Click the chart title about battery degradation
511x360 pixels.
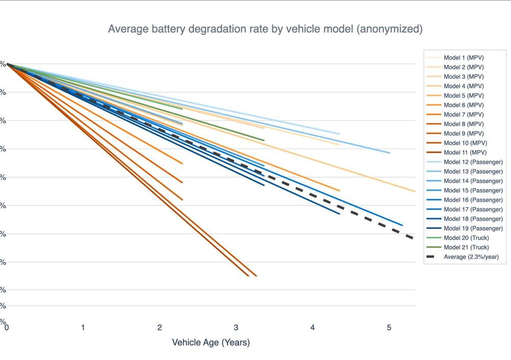pos(265,29)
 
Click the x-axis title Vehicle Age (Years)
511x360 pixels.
pos(211,342)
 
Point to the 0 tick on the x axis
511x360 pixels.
pos(7,327)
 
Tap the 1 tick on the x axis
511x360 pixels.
pos(83,327)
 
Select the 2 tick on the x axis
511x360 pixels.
pos(159,327)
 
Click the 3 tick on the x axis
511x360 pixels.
pos(236,327)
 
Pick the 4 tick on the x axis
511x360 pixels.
pos(313,327)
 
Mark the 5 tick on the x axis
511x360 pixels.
pos(389,327)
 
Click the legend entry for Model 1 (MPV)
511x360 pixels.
pos(463,58)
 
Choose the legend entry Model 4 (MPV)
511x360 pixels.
pos(463,86)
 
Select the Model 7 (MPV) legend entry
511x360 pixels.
pos(463,114)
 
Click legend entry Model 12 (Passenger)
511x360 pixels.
pos(473,162)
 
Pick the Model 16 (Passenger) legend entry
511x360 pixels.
pos(473,200)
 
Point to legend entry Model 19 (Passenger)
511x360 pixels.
pos(473,228)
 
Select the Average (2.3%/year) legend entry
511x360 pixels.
pos(471,257)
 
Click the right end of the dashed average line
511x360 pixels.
pos(412,238)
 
